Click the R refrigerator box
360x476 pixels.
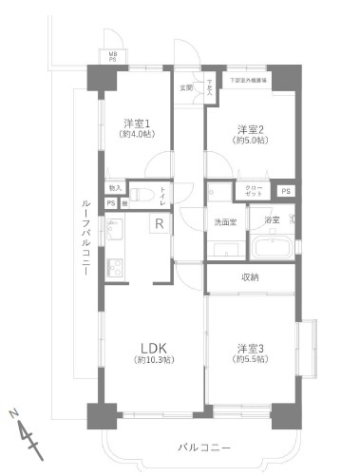160,224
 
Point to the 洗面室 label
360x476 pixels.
224,220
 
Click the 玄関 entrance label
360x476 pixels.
186,87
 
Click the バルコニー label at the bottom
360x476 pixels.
204,446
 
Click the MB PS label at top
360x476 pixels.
112,56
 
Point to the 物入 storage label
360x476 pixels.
115,188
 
